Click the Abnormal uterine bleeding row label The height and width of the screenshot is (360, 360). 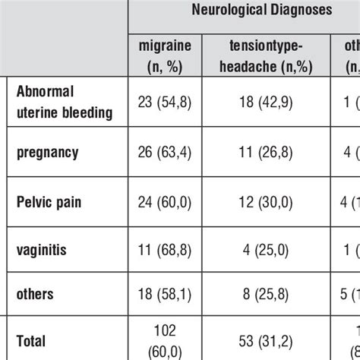coord(65,102)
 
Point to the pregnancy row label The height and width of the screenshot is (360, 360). coord(46,151)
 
